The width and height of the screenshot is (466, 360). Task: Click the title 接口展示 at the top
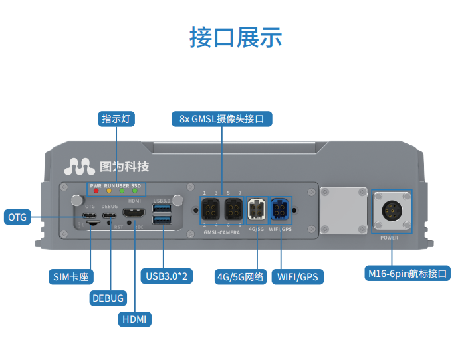(x=235, y=37)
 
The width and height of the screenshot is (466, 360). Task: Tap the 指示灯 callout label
(x=117, y=119)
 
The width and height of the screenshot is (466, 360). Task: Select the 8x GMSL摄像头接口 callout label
(x=222, y=119)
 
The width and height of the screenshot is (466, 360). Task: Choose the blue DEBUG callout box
(x=108, y=298)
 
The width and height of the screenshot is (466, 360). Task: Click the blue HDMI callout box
(x=135, y=319)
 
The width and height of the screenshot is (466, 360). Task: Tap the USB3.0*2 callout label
(x=168, y=276)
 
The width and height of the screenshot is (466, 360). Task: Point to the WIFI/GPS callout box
(x=297, y=276)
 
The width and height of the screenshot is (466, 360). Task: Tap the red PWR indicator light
(x=96, y=191)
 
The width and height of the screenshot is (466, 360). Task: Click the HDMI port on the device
(x=134, y=213)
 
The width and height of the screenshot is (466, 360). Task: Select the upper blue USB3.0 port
(x=162, y=209)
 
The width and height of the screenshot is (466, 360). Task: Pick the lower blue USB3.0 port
(x=162, y=220)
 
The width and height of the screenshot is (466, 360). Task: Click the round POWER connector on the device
(x=390, y=212)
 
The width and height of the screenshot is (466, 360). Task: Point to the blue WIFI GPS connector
(x=280, y=211)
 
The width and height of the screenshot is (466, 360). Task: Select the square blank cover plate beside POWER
(x=343, y=210)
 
